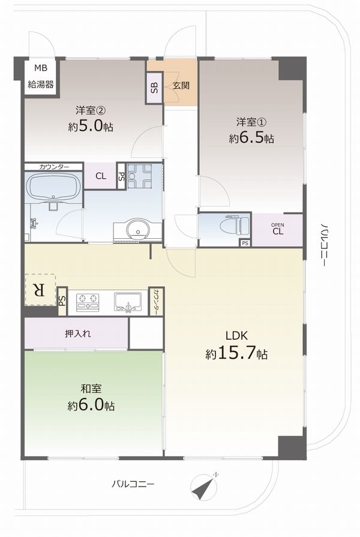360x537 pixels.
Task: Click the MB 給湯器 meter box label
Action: click(x=40, y=76)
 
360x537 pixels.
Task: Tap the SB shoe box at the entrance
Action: click(x=154, y=88)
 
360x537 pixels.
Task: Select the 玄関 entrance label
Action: click(x=181, y=85)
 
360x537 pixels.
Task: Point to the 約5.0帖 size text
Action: click(x=91, y=127)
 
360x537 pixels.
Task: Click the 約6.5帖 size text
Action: click(x=251, y=138)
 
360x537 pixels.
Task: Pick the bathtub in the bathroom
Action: click(x=53, y=188)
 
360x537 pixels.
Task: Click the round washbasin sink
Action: click(x=138, y=229)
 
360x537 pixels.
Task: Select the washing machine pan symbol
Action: click(x=139, y=176)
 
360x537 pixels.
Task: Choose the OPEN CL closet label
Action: click(x=278, y=229)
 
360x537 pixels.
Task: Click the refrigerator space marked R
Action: click(x=40, y=290)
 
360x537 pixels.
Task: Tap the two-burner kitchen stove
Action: click(x=88, y=302)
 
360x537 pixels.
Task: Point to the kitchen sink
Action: click(x=128, y=302)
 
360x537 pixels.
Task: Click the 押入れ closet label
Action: click(x=78, y=334)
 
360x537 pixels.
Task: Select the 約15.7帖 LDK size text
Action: click(x=236, y=353)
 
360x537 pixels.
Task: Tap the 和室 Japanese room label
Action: click(x=91, y=389)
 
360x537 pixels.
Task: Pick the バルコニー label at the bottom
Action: click(x=133, y=484)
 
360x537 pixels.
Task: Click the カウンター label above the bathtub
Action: click(x=54, y=167)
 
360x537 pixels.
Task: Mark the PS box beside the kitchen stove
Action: click(x=62, y=301)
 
